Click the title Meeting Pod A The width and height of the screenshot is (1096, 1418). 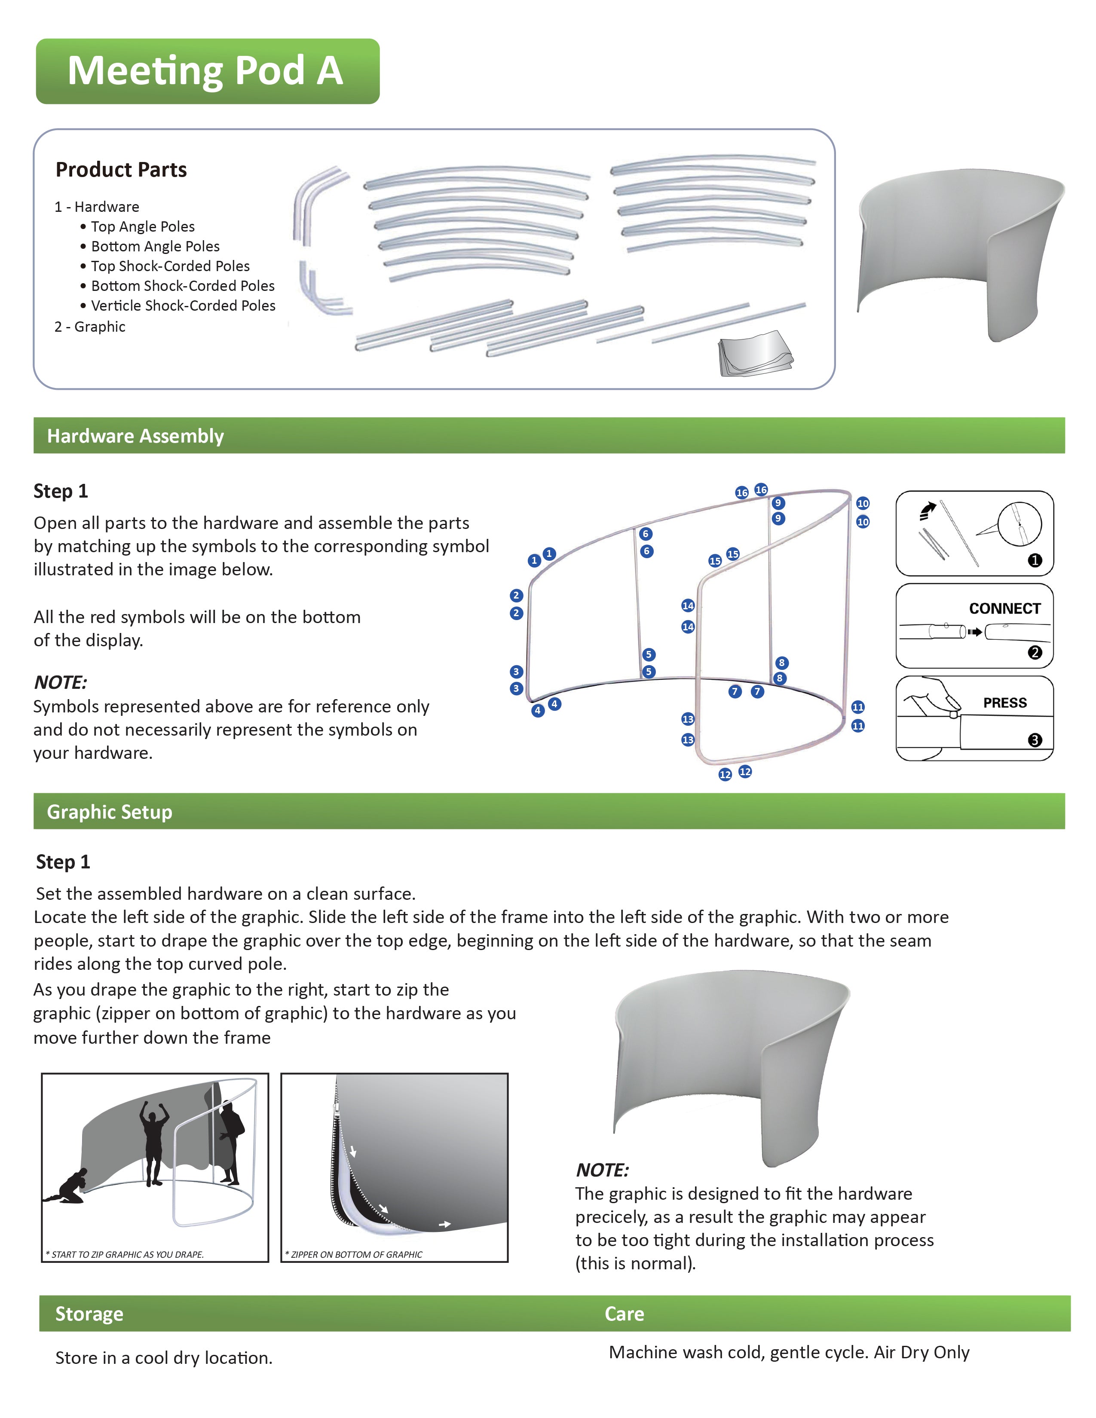coord(205,71)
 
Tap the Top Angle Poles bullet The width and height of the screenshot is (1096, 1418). coord(142,226)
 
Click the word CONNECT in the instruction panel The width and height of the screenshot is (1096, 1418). coord(1004,608)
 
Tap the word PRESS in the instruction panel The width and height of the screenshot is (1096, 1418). coord(1004,703)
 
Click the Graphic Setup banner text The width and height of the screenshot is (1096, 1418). coord(110,812)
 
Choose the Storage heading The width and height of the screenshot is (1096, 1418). coord(89,1314)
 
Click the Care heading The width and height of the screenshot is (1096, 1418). coord(624,1314)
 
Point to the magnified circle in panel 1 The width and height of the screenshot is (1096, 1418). coord(1019,523)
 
